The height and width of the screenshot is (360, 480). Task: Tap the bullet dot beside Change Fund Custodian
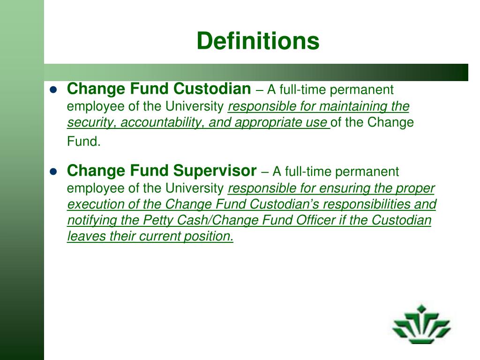coord(53,90)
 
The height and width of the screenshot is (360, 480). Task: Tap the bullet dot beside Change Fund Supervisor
coord(53,172)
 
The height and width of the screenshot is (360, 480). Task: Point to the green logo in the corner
coord(421,323)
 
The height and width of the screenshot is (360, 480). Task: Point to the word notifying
coord(87,221)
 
